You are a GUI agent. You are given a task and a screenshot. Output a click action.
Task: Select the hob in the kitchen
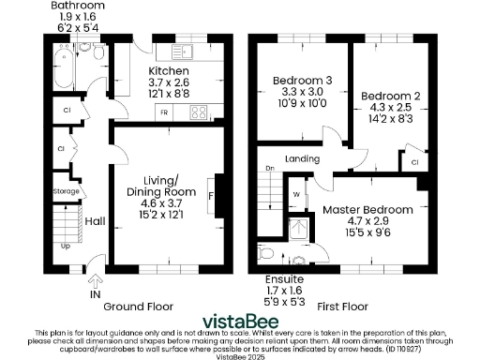pyautogui.click(x=200, y=113)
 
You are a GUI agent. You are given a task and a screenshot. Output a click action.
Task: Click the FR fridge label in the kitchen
pyautogui.click(x=165, y=112)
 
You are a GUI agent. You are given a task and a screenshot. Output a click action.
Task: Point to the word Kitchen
pyautogui.click(x=170, y=71)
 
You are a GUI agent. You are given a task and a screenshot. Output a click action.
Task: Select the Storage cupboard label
pyautogui.click(x=67, y=191)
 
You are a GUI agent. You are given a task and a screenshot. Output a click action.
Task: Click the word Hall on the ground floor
pyautogui.click(x=95, y=221)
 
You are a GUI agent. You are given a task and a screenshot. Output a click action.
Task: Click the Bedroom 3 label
pyautogui.click(x=302, y=82)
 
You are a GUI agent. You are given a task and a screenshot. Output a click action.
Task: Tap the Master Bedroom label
pyautogui.click(x=367, y=209)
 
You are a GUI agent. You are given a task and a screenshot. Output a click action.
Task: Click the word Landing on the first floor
pyautogui.click(x=303, y=158)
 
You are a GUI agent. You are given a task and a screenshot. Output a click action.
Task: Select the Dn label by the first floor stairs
pyautogui.click(x=269, y=169)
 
